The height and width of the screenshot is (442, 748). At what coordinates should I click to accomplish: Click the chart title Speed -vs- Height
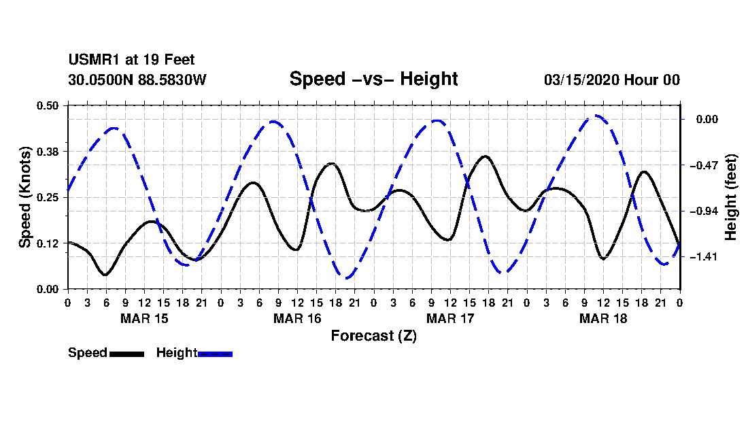(x=373, y=79)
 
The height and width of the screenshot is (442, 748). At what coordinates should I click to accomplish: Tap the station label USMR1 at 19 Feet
(x=131, y=60)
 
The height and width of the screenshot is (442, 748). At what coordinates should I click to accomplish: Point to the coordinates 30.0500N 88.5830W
(x=137, y=80)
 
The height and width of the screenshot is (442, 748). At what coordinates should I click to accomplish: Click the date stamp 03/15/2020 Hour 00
(x=612, y=80)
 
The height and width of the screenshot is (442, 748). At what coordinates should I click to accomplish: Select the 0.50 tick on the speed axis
(x=48, y=105)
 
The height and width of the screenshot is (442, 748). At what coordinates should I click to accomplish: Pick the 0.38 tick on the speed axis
(x=48, y=152)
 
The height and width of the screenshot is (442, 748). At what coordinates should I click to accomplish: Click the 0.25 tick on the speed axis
(x=48, y=197)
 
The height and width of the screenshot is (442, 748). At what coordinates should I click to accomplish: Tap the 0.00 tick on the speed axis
(x=48, y=290)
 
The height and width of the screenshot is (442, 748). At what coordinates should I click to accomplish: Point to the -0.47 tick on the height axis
(x=704, y=165)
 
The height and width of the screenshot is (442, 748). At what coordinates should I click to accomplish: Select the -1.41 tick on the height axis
(x=704, y=257)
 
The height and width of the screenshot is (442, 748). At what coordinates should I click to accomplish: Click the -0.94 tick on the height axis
(x=704, y=211)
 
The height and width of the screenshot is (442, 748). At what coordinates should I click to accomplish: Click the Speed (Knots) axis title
(x=24, y=197)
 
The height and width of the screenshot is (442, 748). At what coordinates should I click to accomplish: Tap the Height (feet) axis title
(x=730, y=197)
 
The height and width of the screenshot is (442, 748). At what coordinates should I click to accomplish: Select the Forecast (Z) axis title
(x=374, y=336)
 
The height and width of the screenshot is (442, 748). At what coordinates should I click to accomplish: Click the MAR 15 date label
(x=144, y=318)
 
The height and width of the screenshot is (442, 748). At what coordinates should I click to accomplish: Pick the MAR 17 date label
(x=450, y=318)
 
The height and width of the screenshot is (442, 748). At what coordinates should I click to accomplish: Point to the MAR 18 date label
(x=603, y=318)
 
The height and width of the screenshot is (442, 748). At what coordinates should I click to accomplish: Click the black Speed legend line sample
(x=127, y=354)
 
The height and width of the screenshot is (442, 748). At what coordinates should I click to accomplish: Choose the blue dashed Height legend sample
(x=215, y=354)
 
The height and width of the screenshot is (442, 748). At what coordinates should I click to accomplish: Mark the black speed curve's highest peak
(x=485, y=156)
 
